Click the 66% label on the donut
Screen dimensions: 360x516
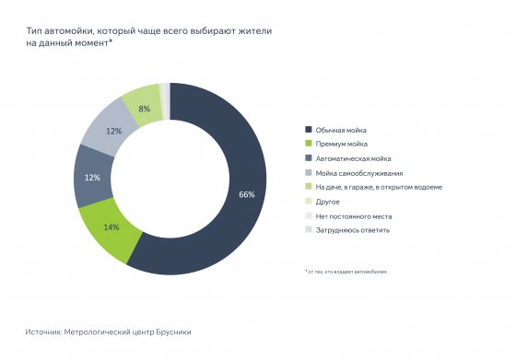(246, 195)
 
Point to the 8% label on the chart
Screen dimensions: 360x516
(144, 109)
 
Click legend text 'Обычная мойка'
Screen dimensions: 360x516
(340, 130)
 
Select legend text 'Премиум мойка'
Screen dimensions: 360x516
(341, 145)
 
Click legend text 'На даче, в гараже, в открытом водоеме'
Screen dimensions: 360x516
(380, 187)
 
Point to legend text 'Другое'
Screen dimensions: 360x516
(328, 202)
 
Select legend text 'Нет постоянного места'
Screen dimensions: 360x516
(353, 215)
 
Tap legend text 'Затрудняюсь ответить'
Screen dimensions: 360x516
(352, 230)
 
